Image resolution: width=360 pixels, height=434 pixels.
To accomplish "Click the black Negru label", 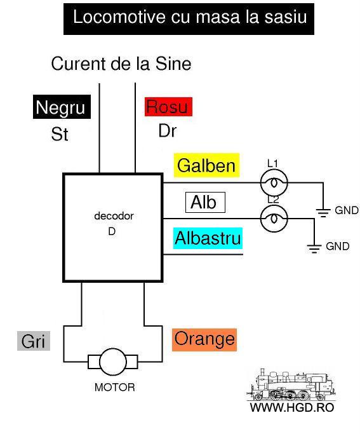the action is pos(62,107).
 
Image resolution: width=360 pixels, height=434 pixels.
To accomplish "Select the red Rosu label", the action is pos(168,107).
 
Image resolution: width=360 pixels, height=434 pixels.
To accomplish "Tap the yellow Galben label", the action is pos(206,165).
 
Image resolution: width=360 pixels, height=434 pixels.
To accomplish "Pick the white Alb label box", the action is pos(205,202).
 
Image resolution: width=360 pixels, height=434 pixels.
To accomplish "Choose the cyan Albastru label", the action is pos(208,238).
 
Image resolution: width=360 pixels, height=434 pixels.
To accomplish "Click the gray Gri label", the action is pos(34,341).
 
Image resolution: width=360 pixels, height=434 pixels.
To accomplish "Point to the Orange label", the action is pos(204,339).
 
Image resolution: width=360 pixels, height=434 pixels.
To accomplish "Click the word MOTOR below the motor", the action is pos(115,387).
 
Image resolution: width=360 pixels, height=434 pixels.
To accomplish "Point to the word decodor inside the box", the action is pos(114,216).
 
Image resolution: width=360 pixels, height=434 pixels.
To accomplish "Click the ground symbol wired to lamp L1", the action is pos(323,213).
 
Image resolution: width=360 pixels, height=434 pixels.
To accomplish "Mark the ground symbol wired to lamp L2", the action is pos(314,248).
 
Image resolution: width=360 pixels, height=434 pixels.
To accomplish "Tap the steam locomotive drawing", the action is pos(291,384).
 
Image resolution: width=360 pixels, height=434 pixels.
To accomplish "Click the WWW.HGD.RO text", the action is pos(292,407).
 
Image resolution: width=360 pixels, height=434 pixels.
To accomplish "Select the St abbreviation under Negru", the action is pos(60,134).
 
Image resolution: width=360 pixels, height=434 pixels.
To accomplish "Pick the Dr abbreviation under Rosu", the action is pos(167,131).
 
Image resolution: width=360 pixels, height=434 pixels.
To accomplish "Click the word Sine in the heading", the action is pos(173,64).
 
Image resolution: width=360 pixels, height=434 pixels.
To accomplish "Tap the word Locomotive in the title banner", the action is pos(119,17).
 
